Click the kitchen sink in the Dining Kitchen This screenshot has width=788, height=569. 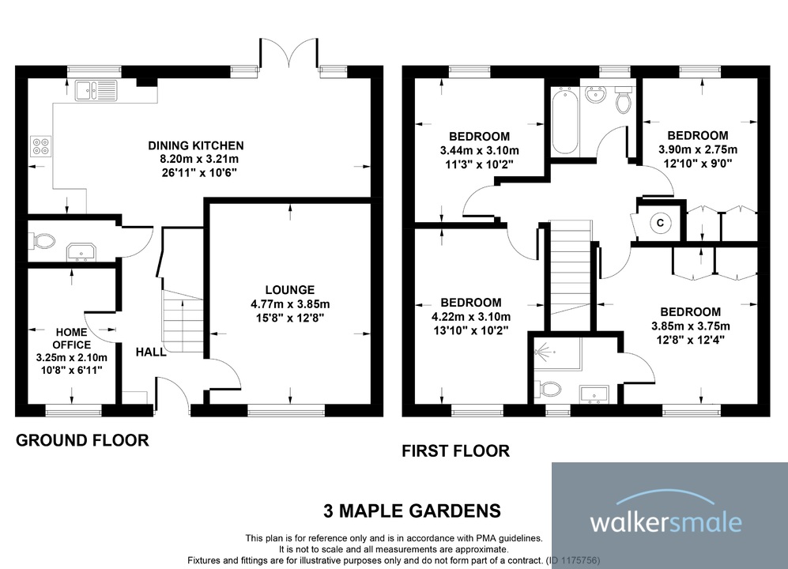pyautogui.click(x=96, y=90)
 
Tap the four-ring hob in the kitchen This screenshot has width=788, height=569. pyautogui.click(x=40, y=146)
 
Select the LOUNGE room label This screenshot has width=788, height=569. pyautogui.click(x=289, y=290)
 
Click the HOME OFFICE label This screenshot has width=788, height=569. pyautogui.click(x=71, y=339)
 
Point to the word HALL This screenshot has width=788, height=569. pyautogui.click(x=151, y=352)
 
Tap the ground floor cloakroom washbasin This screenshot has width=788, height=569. pyautogui.click(x=81, y=251)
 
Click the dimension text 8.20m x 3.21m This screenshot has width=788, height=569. pyautogui.click(x=196, y=158)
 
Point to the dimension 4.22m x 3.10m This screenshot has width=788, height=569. pyautogui.click(x=470, y=316)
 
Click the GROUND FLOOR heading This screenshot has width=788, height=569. pyautogui.click(x=82, y=440)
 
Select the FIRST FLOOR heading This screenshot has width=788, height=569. pyautogui.click(x=455, y=451)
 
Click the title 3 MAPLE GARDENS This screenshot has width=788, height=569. pyautogui.click(x=412, y=510)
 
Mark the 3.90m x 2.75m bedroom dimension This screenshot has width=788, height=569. pyautogui.click(x=697, y=149)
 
